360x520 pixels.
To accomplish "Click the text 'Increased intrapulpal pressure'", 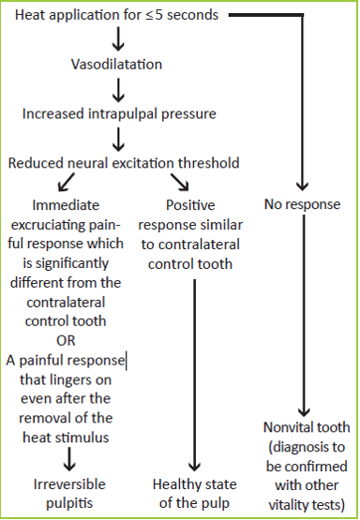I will [x=118, y=113].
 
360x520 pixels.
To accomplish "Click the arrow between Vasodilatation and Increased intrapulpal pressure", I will [x=118, y=89].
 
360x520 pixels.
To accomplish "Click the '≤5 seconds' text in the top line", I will [x=177, y=16].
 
